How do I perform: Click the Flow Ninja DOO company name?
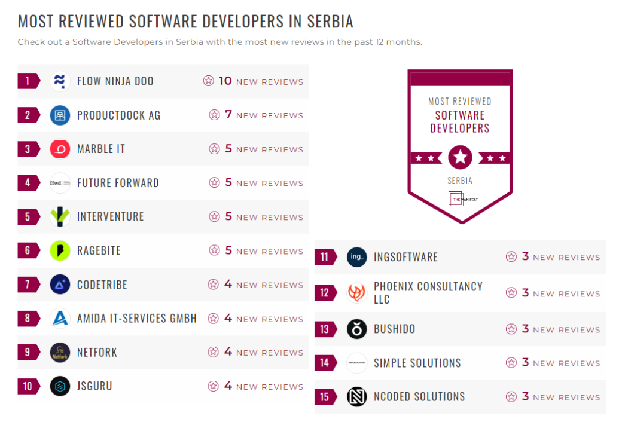115,81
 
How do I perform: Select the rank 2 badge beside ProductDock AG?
28,115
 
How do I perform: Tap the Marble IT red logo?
60,149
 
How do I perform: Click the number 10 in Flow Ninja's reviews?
225,81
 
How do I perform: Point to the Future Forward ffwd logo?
60,183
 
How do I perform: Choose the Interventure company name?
110,216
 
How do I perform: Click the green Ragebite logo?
60,250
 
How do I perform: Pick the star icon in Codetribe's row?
213,285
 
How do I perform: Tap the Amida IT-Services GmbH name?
136,319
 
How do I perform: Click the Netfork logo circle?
60,352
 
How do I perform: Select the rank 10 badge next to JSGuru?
28,386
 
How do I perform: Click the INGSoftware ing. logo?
357,257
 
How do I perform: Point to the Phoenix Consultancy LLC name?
428,293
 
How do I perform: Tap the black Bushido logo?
357,329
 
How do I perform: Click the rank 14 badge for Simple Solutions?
324,363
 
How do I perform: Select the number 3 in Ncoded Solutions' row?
525,396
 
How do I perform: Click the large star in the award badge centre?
460,158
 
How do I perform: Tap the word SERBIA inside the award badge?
460,181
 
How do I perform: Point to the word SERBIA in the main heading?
330,22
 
